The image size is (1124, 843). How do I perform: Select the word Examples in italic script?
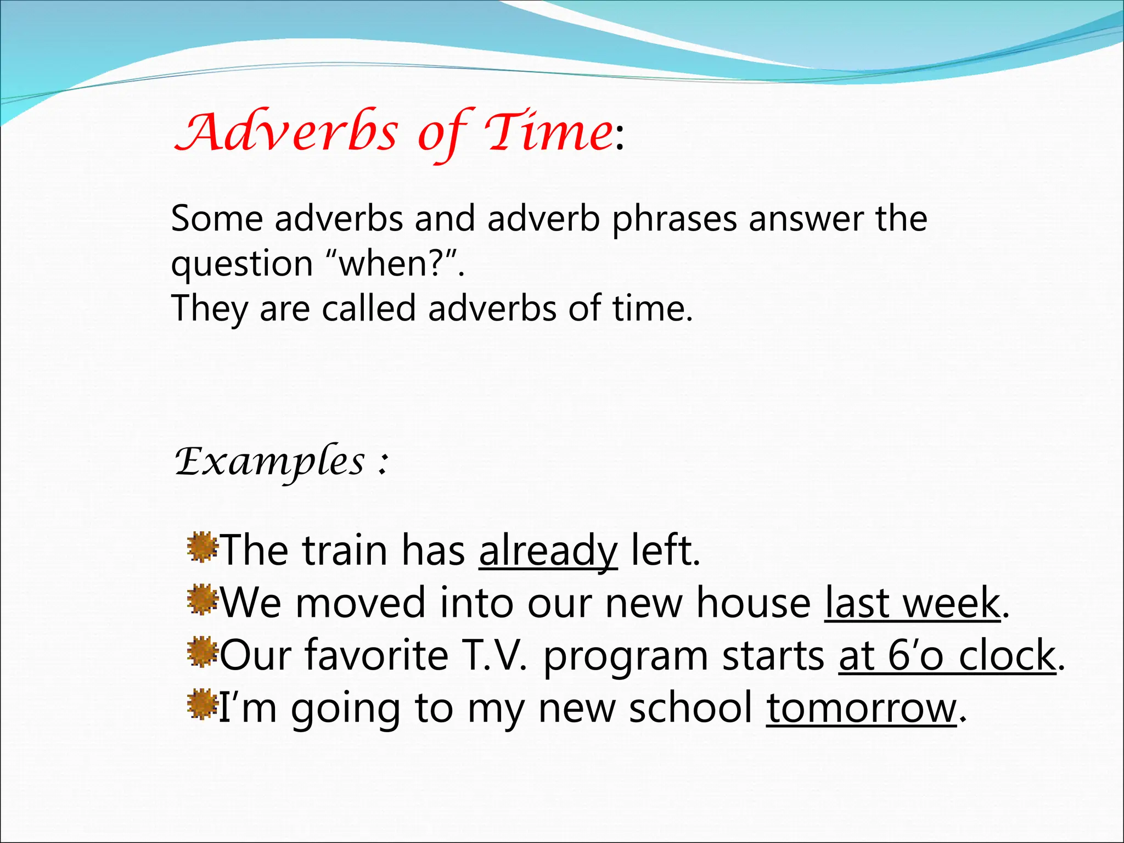click(269, 462)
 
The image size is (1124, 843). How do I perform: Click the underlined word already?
click(548, 550)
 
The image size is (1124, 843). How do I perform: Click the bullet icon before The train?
click(202, 547)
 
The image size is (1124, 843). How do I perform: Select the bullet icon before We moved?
click(202, 599)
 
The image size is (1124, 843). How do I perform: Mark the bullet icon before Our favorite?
click(202, 652)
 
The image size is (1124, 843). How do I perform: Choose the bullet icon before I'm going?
click(202, 705)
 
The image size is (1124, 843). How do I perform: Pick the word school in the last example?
click(690, 709)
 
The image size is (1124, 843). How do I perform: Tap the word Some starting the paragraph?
click(217, 220)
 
